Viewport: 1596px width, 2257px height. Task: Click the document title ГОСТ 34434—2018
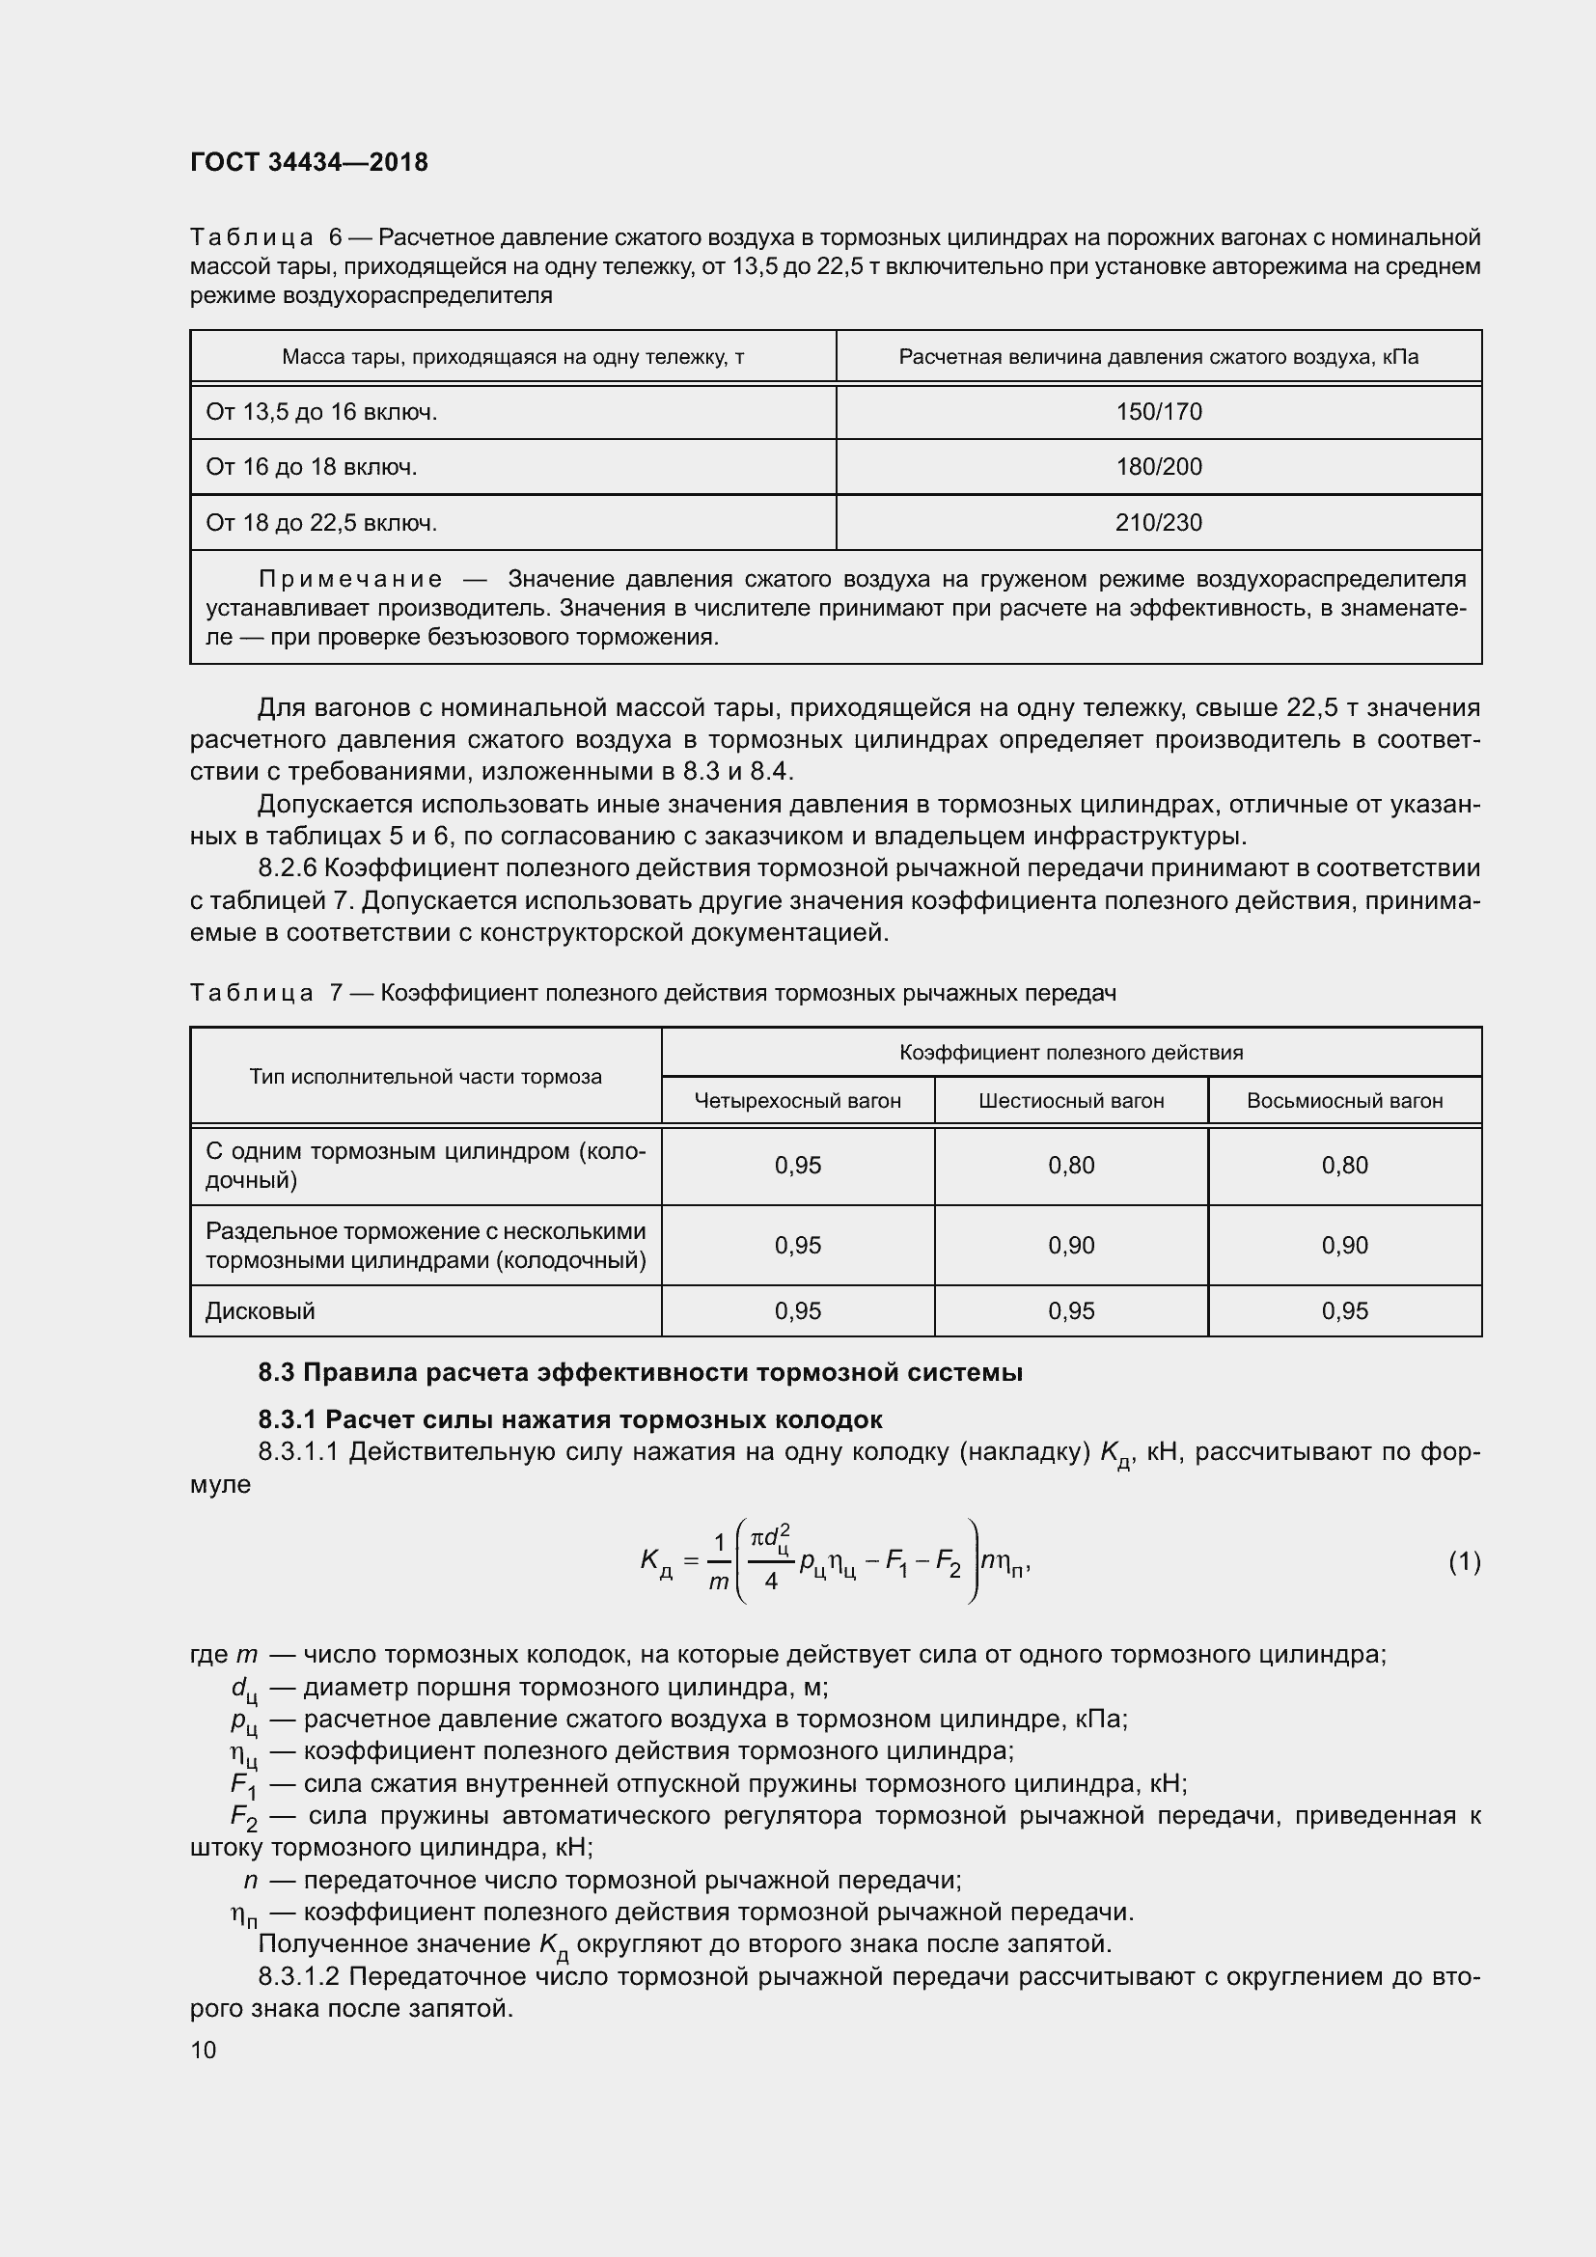[x=309, y=162]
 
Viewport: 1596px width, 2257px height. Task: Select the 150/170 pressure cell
[x=1158, y=412]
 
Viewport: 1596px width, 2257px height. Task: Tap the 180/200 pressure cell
[x=1158, y=467]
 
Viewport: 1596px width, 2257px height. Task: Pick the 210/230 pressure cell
[x=1158, y=523]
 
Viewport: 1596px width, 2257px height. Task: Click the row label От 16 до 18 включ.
[x=311, y=467]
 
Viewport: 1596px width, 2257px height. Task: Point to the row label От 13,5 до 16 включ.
[x=320, y=412]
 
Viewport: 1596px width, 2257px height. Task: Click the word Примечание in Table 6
[x=350, y=579]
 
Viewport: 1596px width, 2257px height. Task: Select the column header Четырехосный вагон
[x=797, y=1101]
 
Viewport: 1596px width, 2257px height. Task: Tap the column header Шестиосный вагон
[x=1070, y=1101]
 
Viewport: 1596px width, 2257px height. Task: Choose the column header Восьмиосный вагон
[x=1343, y=1101]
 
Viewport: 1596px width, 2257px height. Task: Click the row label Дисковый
[x=260, y=1311]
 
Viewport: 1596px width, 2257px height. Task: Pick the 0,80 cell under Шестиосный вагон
[x=1070, y=1166]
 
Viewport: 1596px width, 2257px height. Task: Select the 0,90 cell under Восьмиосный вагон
[x=1343, y=1246]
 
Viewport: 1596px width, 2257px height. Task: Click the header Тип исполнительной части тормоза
[x=425, y=1077]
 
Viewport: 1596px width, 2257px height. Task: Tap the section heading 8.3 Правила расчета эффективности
[x=640, y=1372]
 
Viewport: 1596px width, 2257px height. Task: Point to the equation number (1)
[x=1464, y=1562]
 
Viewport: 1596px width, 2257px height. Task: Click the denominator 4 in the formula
[x=770, y=1582]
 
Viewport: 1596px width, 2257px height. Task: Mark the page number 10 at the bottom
[x=204, y=2050]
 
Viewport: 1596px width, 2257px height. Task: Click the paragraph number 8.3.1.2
[x=298, y=1977]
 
